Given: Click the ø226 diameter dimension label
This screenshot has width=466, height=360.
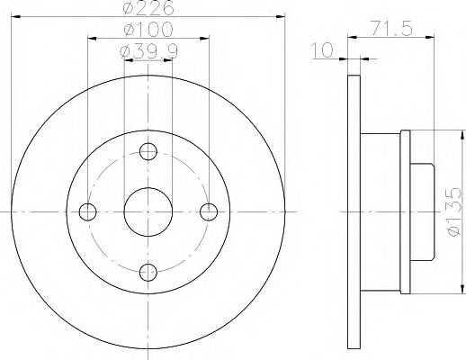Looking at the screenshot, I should coord(148,9).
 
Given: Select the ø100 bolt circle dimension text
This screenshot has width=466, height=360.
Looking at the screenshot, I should coord(148,31).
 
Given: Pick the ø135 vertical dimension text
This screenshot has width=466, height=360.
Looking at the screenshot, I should coord(453,211).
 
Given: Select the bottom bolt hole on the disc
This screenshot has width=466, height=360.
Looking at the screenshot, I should coord(148,273).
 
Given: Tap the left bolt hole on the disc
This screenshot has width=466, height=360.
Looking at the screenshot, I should coord(87,212).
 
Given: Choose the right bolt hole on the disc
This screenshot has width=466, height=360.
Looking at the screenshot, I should coord(209,212).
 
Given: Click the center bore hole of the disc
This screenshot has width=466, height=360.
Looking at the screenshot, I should coord(148,212).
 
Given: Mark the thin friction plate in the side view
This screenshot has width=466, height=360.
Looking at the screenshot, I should coord(351,212).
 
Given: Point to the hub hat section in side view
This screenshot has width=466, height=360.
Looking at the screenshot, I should coord(382,212).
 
